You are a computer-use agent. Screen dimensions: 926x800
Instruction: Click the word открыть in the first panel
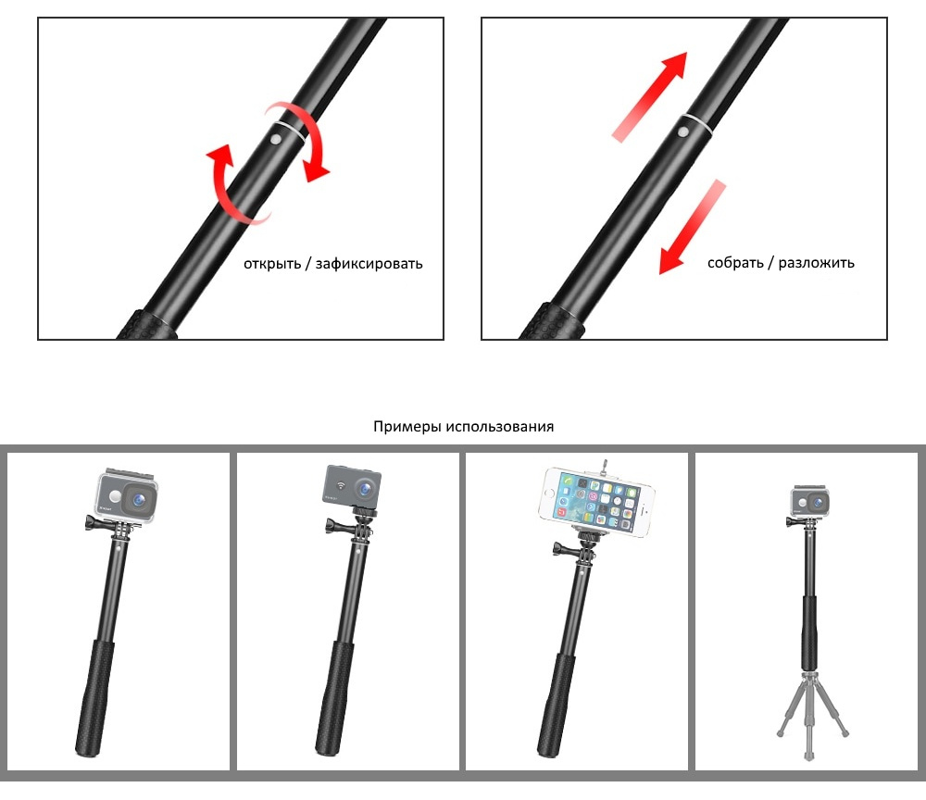click(272, 264)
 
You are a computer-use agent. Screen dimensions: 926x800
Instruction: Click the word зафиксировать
click(369, 264)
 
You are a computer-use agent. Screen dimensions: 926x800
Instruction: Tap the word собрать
click(735, 263)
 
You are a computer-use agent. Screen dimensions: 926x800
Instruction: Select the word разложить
click(816, 263)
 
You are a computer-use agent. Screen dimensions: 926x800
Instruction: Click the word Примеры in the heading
click(407, 426)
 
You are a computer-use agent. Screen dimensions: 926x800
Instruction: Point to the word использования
click(500, 426)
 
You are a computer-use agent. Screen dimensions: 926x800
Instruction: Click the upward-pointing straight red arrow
click(650, 97)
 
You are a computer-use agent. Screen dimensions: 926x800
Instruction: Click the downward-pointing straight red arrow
click(692, 227)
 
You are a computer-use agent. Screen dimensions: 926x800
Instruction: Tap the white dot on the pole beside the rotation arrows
click(275, 139)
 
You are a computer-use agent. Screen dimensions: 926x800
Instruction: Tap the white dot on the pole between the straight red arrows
click(682, 132)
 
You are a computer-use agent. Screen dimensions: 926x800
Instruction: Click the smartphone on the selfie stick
click(597, 501)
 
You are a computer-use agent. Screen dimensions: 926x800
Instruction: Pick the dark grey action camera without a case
click(352, 486)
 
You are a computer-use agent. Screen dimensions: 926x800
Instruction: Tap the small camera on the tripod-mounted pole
click(810, 501)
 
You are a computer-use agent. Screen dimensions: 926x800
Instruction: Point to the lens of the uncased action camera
click(366, 489)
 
